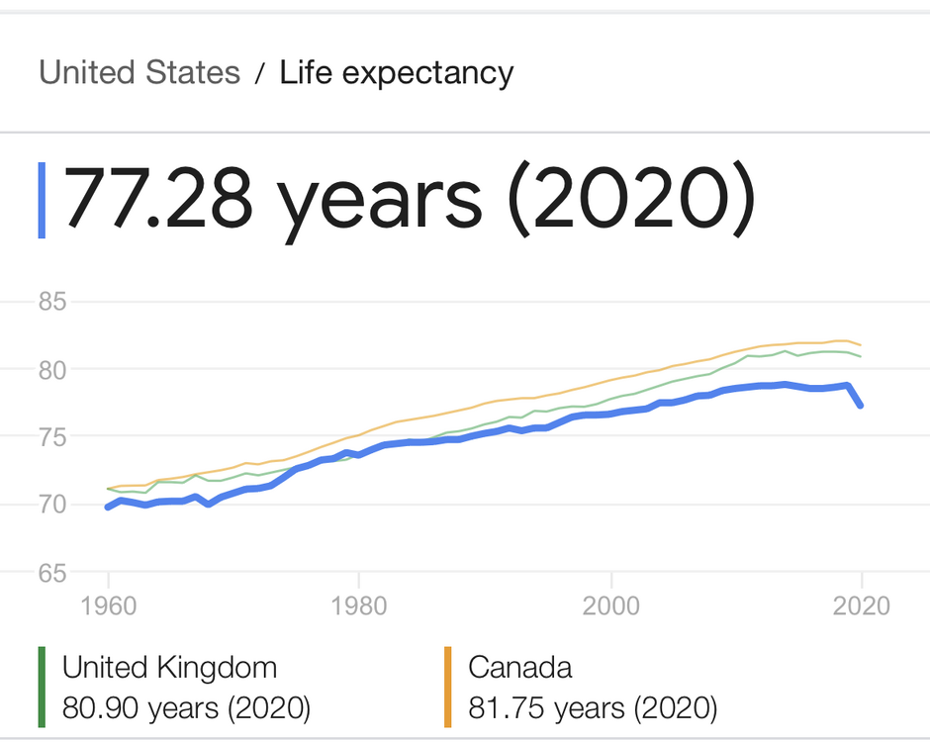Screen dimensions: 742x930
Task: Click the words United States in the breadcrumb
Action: click(x=139, y=73)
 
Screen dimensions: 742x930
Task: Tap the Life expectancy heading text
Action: click(x=397, y=73)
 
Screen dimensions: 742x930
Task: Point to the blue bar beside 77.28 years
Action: click(x=42, y=199)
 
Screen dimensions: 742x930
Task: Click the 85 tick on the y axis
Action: click(x=51, y=302)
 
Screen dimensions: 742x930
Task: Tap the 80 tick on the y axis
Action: click(x=51, y=369)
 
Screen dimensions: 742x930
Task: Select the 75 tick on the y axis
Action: click(x=51, y=437)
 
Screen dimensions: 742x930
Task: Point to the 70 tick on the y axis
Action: click(x=51, y=505)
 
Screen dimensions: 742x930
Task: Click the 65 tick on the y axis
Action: click(x=51, y=572)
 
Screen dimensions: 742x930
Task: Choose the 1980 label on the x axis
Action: click(x=359, y=605)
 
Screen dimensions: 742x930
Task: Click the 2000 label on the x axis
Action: click(x=611, y=605)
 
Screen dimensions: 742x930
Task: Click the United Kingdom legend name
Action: click(x=169, y=668)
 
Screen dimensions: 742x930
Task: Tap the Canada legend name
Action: click(x=520, y=668)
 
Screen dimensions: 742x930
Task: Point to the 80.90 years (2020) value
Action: click(x=186, y=708)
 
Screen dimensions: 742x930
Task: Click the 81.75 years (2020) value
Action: click(x=592, y=708)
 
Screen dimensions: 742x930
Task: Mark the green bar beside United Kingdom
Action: click(x=43, y=688)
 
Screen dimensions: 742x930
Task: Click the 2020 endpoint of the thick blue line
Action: click(x=861, y=405)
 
